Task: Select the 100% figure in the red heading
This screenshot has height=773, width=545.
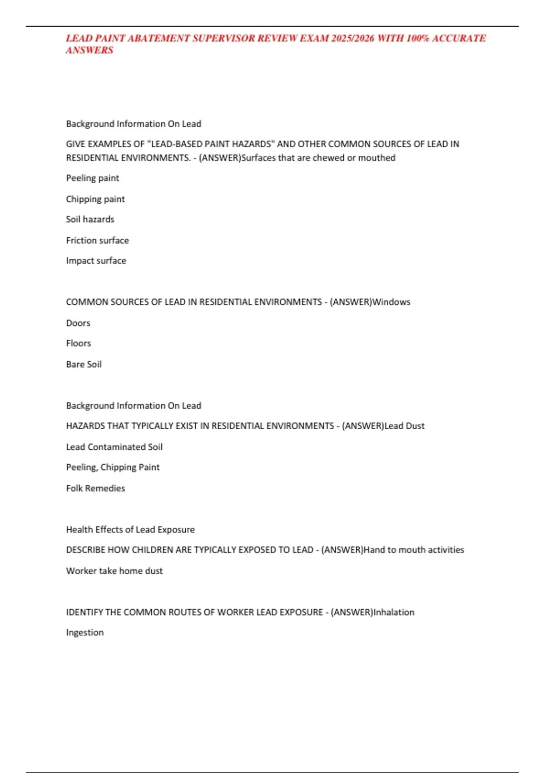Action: pos(417,38)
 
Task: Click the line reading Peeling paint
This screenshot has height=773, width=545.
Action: pos(93,178)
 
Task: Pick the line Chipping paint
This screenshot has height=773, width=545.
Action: pos(95,199)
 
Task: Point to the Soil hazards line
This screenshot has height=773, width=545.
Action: pos(90,219)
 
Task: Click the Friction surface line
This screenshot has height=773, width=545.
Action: pos(97,240)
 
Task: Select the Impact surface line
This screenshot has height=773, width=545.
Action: pos(96,261)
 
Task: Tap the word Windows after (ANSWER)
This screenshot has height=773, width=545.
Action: pos(391,302)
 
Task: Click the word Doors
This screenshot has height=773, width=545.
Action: pos(78,323)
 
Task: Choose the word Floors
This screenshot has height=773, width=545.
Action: pos(79,343)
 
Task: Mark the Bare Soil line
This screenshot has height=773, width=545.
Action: pos(84,364)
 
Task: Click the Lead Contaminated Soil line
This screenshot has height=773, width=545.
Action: pos(114,447)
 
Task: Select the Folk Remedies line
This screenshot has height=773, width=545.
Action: pos(95,488)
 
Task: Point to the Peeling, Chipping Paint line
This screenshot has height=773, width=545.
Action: pos(113,467)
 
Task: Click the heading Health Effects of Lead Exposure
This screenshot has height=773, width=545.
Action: pos(130,529)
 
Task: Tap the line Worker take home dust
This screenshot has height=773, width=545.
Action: pos(114,571)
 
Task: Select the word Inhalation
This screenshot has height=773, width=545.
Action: pos(393,612)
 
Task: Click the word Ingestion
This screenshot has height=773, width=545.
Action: pos(85,632)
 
